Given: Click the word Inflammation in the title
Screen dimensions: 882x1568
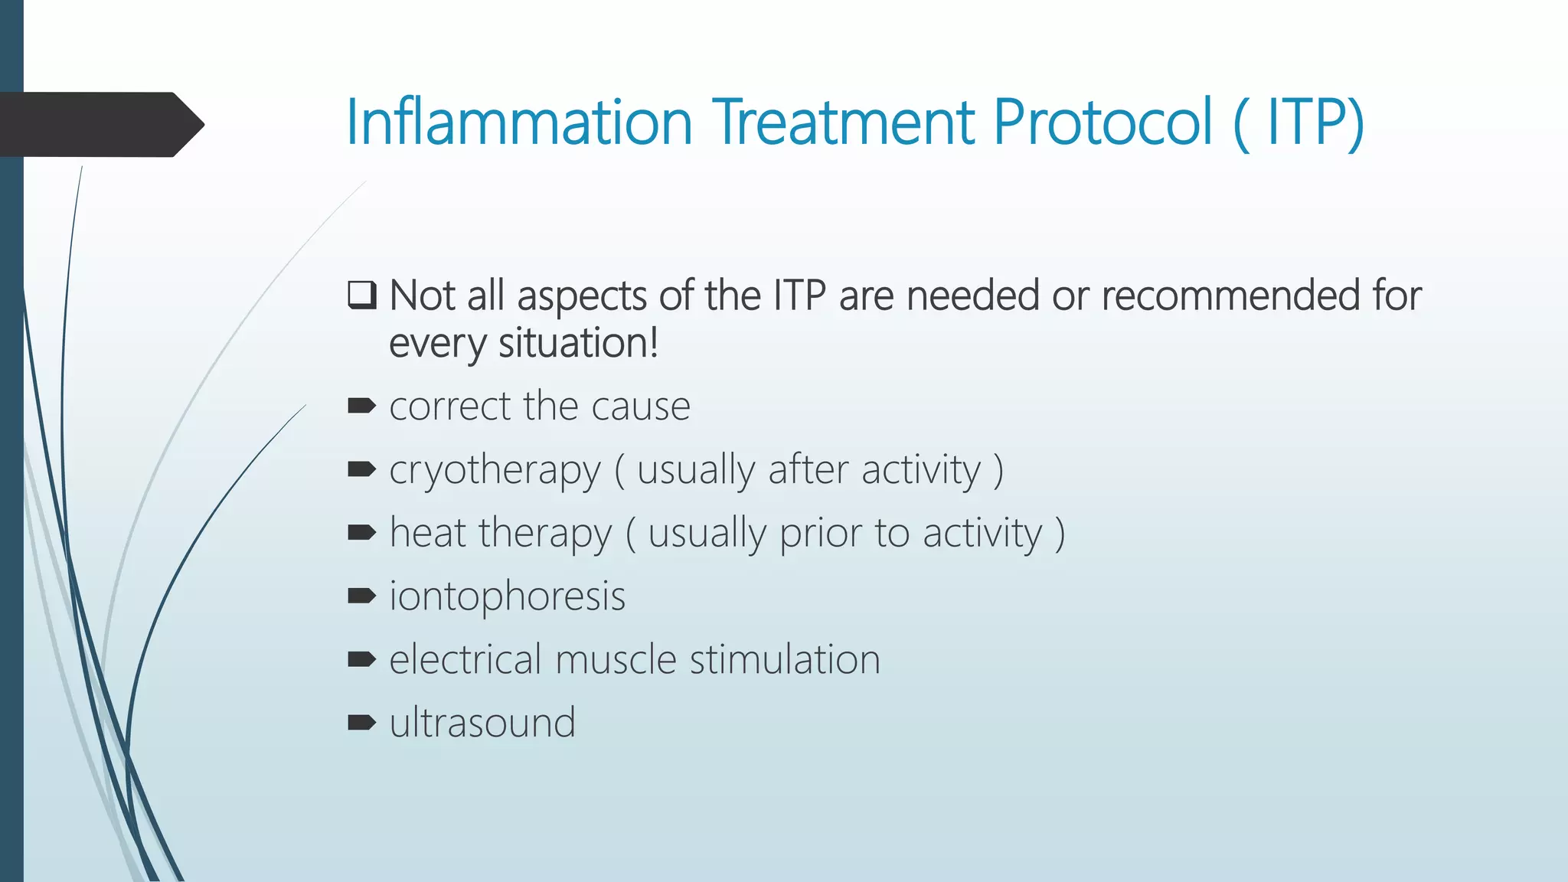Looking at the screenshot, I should [519, 122].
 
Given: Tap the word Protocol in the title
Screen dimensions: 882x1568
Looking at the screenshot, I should [1102, 122].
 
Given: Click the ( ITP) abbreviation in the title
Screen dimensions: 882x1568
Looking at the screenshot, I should [1299, 122].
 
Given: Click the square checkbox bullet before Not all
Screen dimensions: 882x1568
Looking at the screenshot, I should [362, 295].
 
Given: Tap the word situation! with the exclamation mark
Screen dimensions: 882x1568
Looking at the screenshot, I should [578, 343].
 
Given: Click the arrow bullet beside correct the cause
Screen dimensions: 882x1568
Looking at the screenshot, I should [361, 406].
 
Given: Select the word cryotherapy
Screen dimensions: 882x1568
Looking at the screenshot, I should [495, 471].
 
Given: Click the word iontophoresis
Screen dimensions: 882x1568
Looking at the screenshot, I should [507, 597].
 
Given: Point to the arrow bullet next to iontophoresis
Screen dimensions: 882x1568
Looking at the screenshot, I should [361, 596].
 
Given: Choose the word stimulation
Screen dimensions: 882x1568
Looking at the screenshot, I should [785, 659].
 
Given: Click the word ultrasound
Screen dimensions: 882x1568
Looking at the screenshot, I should [482, 723].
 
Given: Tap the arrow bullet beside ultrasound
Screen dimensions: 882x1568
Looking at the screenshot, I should [361, 722].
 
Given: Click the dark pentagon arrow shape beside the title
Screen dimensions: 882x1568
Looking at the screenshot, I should [100, 125].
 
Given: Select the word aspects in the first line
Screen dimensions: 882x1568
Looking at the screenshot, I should [581, 297].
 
